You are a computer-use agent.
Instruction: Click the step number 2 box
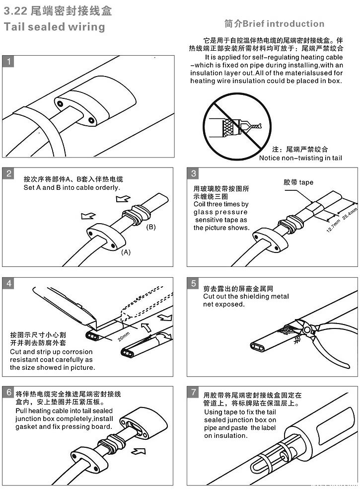8,173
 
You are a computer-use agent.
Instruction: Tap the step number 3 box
194,173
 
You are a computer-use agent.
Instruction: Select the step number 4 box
8,283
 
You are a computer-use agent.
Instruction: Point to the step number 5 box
194,283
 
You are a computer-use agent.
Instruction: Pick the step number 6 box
8,392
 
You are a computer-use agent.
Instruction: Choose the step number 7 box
194,392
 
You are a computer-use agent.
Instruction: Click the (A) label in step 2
126,252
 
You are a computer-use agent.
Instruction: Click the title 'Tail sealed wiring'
54,26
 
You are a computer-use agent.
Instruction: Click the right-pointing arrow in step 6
141,452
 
